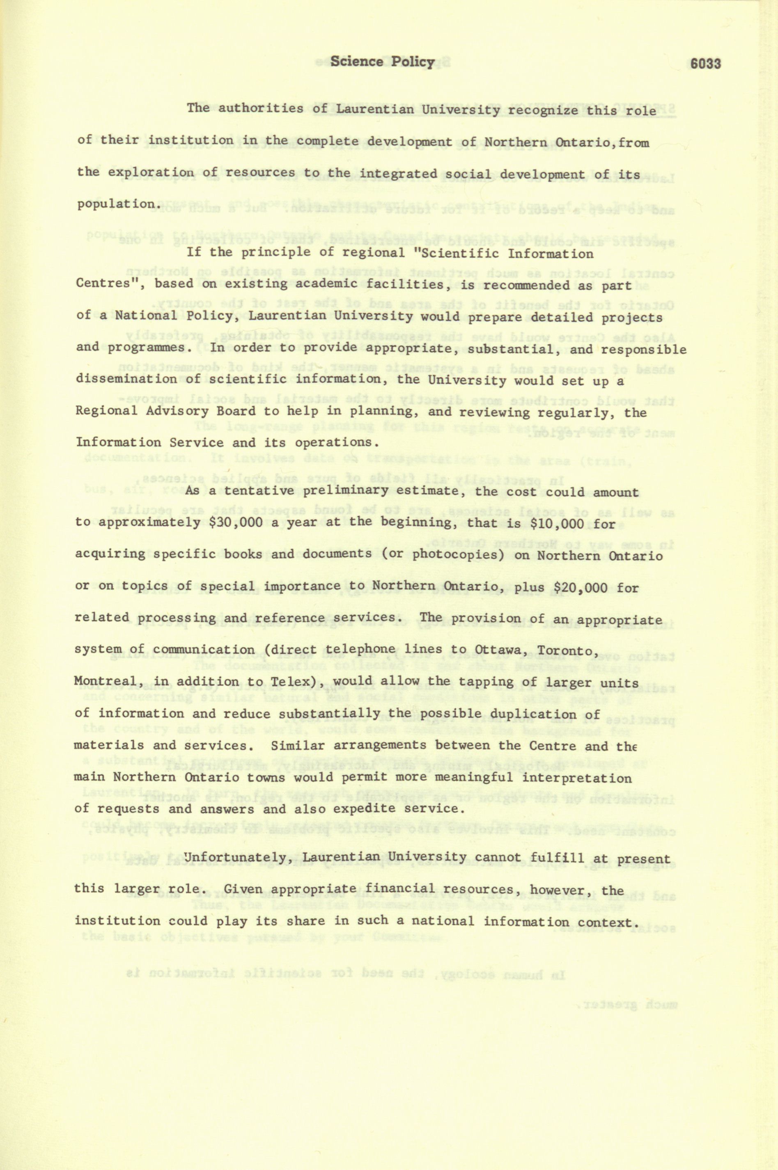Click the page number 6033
click(x=705, y=64)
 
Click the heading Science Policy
click(x=383, y=62)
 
